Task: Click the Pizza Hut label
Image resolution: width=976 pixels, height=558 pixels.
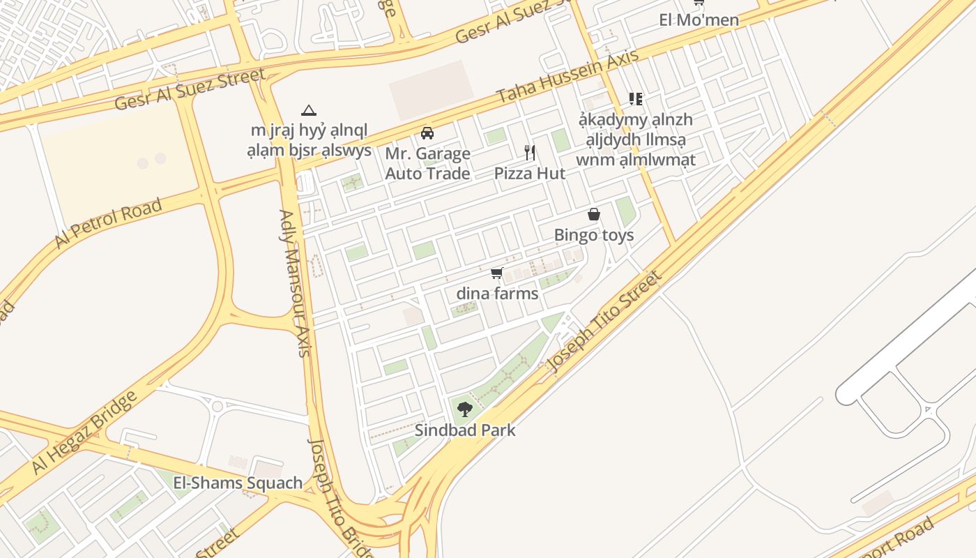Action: [x=530, y=174]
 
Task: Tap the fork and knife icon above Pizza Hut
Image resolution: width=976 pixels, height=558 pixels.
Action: [x=530, y=152]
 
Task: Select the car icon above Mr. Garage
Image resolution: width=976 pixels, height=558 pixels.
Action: [x=427, y=133]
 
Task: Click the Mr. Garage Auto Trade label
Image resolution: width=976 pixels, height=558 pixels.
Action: [x=427, y=163]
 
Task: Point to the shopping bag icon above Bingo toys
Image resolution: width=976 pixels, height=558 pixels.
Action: [x=594, y=214]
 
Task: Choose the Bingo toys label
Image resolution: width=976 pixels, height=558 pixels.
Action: [x=594, y=235]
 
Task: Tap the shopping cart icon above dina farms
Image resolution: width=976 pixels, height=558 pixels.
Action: [x=497, y=273]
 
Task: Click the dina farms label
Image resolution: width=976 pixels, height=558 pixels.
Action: [x=497, y=294]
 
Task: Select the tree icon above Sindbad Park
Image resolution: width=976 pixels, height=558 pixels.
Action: [x=465, y=409]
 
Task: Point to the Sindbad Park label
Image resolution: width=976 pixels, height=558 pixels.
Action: [x=465, y=430]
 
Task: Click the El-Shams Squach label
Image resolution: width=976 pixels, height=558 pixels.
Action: [x=238, y=483]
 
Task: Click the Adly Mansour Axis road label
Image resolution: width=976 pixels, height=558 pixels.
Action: [x=295, y=282]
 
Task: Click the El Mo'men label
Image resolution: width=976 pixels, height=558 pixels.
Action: [x=699, y=20]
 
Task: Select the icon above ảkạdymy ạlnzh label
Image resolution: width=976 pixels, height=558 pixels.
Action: [x=635, y=99]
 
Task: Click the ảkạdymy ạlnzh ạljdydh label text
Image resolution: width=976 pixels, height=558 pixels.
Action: [x=635, y=139]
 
